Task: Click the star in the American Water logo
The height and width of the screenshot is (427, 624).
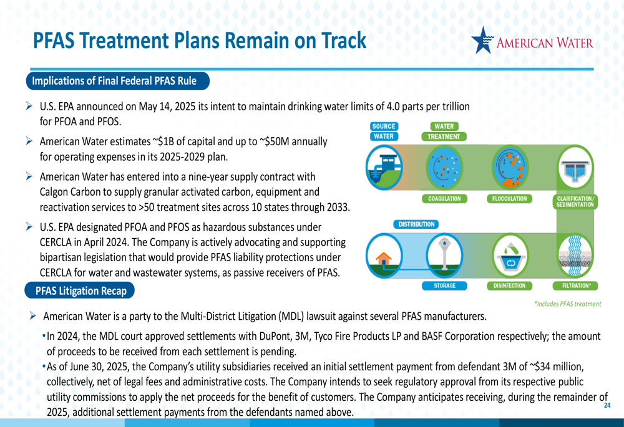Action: [x=482, y=40]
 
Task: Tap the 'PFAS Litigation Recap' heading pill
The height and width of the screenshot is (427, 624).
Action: [x=80, y=290]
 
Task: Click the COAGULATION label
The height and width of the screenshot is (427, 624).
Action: [x=444, y=199]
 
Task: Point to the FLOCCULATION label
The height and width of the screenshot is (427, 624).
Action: [x=509, y=199]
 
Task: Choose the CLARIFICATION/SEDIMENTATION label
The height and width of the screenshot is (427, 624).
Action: [x=575, y=201]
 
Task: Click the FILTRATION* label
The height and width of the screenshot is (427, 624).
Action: [x=575, y=285]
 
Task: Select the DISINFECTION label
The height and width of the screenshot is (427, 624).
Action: [x=509, y=285]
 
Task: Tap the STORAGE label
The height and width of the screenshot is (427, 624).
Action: [x=444, y=285]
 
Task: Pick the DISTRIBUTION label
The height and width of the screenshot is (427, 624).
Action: [x=416, y=224]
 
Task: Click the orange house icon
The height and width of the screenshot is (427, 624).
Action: [x=384, y=259]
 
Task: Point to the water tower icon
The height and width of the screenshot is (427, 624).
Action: [x=444, y=255]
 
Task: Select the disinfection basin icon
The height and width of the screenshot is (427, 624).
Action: [x=510, y=256]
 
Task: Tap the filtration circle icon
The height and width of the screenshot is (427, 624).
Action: [x=575, y=256]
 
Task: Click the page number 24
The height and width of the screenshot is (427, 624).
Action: [x=607, y=406]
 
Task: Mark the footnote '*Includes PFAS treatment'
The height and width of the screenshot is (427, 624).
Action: [x=567, y=304]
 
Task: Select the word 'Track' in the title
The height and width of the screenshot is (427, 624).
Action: [x=343, y=41]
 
